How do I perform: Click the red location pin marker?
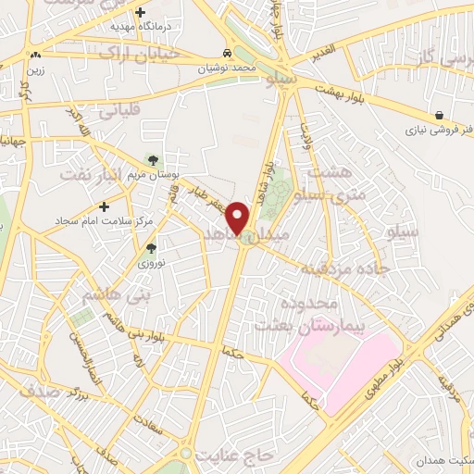[238, 217]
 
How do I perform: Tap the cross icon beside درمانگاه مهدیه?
[141, 13]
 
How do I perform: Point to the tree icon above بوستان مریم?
[153, 161]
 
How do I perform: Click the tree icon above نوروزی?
[151, 248]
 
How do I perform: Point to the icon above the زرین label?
[35, 56]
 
